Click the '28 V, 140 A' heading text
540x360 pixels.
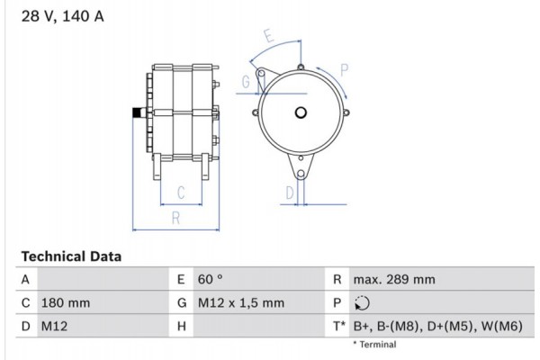(55, 16)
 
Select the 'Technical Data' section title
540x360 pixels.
(71, 256)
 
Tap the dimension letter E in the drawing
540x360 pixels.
(268, 36)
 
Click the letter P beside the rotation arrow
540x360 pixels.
(345, 68)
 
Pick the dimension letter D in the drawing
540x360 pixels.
(289, 192)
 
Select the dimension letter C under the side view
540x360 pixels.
(180, 192)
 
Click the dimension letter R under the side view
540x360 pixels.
(176, 217)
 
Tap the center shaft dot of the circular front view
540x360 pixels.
(300, 112)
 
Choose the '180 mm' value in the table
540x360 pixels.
(65, 303)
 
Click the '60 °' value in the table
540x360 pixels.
(210, 280)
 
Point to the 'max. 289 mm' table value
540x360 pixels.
(393, 280)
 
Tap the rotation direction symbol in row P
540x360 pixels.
(362, 303)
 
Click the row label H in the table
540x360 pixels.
(182, 326)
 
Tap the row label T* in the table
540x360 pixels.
(338, 326)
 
